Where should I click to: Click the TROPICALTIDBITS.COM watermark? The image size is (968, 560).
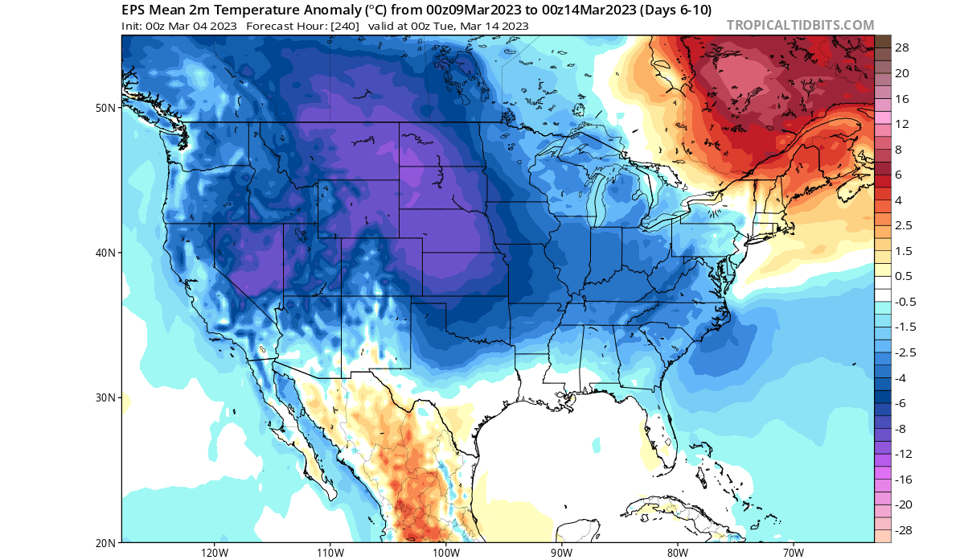point(800,25)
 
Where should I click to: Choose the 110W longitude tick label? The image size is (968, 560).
point(330,553)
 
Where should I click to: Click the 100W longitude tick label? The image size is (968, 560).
point(445,553)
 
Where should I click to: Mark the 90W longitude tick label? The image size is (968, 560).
point(561,553)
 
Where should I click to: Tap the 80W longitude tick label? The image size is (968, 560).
point(677,553)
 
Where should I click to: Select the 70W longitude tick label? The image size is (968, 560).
point(793,553)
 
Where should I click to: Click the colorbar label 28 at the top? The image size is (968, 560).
point(902,47)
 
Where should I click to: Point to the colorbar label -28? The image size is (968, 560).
point(904,530)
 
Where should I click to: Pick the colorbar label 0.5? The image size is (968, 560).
point(904,276)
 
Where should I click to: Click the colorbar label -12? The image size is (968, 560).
point(904,454)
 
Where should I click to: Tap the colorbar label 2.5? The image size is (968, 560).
point(904,225)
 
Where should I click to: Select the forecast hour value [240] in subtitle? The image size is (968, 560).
point(342,25)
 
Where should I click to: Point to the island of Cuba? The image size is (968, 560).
point(667,509)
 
